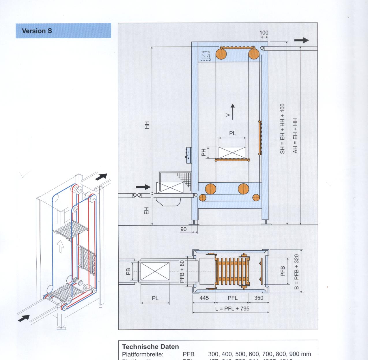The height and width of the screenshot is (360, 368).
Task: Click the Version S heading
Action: tap(37, 31)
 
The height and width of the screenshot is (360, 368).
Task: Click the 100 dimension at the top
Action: tap(264, 33)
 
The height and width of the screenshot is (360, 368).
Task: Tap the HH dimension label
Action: tap(147, 125)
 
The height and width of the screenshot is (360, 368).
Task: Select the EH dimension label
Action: tap(147, 211)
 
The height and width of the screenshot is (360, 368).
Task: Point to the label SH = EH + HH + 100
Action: tap(283, 129)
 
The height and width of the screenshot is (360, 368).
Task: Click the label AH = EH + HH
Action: tap(295, 136)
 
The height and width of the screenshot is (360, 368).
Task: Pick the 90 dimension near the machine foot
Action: tap(183, 229)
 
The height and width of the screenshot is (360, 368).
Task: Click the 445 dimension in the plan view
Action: tap(204, 298)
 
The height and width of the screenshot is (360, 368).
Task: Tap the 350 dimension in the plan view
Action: tap(259, 298)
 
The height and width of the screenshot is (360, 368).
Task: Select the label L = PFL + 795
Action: tap(232, 308)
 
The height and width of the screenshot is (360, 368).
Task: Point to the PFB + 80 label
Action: tap(182, 272)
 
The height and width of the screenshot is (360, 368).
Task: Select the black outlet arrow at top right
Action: tap(302, 40)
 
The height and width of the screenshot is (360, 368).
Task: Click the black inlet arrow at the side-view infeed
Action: tap(143, 187)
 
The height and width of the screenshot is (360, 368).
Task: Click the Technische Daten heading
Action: tap(150, 346)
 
